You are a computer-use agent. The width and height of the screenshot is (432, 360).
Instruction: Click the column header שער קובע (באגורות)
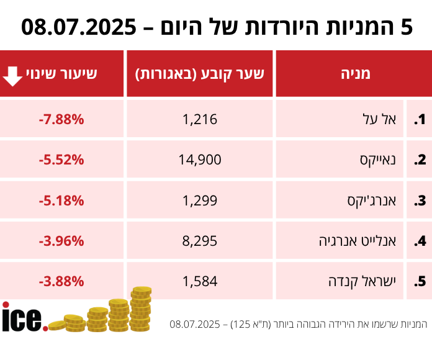200,74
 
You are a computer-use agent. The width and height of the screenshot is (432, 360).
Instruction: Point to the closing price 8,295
200,241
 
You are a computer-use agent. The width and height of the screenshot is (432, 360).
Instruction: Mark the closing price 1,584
200,281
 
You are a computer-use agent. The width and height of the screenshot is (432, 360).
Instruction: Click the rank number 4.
421,241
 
